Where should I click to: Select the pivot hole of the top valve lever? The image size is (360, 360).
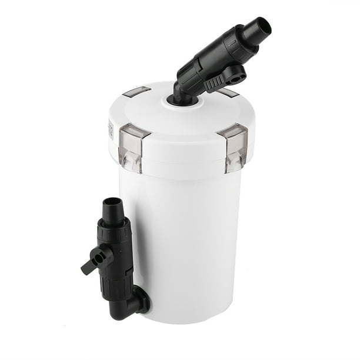(236, 73)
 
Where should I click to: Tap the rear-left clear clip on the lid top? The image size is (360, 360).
(137, 92)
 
